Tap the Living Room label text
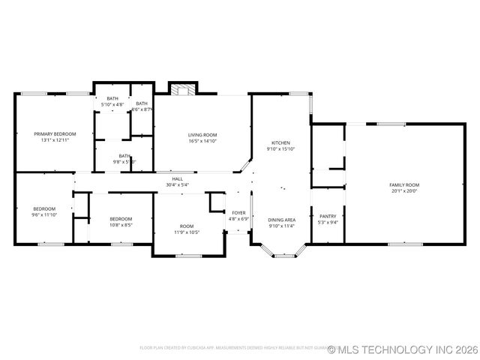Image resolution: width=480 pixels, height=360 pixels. click(202, 134)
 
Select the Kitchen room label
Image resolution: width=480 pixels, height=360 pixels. click(280, 142)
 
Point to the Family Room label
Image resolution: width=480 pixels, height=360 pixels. click(404, 184)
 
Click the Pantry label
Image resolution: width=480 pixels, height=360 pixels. click(328, 215)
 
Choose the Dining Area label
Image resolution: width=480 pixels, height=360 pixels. click(281, 219)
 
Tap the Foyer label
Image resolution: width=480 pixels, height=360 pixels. click(238, 213)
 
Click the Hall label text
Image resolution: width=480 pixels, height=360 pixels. click(177, 178)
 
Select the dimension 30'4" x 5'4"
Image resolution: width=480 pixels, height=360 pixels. click(177, 184)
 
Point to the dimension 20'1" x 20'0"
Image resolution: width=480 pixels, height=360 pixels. click(404, 190)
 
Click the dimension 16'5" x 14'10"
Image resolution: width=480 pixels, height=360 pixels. click(202, 140)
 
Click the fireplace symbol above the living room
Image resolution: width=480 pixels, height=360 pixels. click(180, 90)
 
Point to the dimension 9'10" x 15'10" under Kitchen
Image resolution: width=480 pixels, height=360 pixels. click(280, 148)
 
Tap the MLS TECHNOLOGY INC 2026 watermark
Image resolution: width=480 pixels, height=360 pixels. click(403, 349)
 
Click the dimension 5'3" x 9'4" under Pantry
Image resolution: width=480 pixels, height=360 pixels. click(328, 221)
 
